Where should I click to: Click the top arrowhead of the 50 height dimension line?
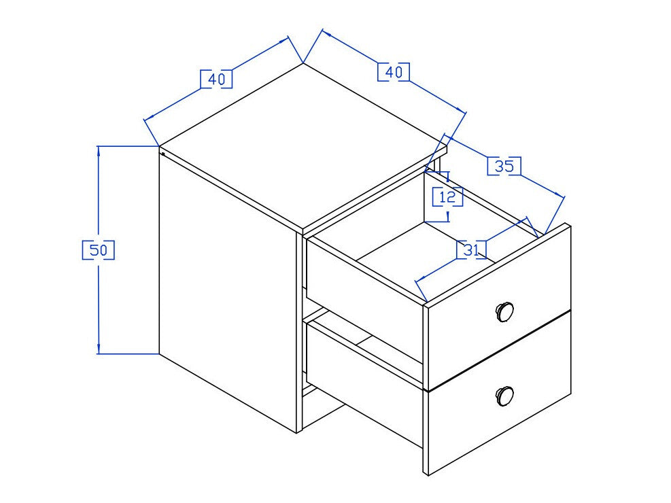tap(99, 150)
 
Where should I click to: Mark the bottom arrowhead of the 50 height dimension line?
tap(99, 349)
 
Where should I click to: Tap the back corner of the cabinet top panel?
tap(303, 63)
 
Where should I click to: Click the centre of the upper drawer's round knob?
tap(504, 310)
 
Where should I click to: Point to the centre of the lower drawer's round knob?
tap(504, 396)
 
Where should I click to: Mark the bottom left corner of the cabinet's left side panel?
tap(159, 353)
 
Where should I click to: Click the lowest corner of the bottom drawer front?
tap(428, 474)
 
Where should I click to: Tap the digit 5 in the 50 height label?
tap(94, 250)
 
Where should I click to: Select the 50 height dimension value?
tap(99, 250)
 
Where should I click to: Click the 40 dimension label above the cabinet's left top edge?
tap(217, 79)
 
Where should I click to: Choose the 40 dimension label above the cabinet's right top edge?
tap(394, 72)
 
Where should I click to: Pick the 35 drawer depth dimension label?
tap(504, 166)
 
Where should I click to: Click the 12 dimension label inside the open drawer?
tap(447, 196)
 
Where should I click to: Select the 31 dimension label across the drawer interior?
tap(471, 249)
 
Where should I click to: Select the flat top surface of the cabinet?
tap(303, 145)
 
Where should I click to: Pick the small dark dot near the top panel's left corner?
tap(163, 154)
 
